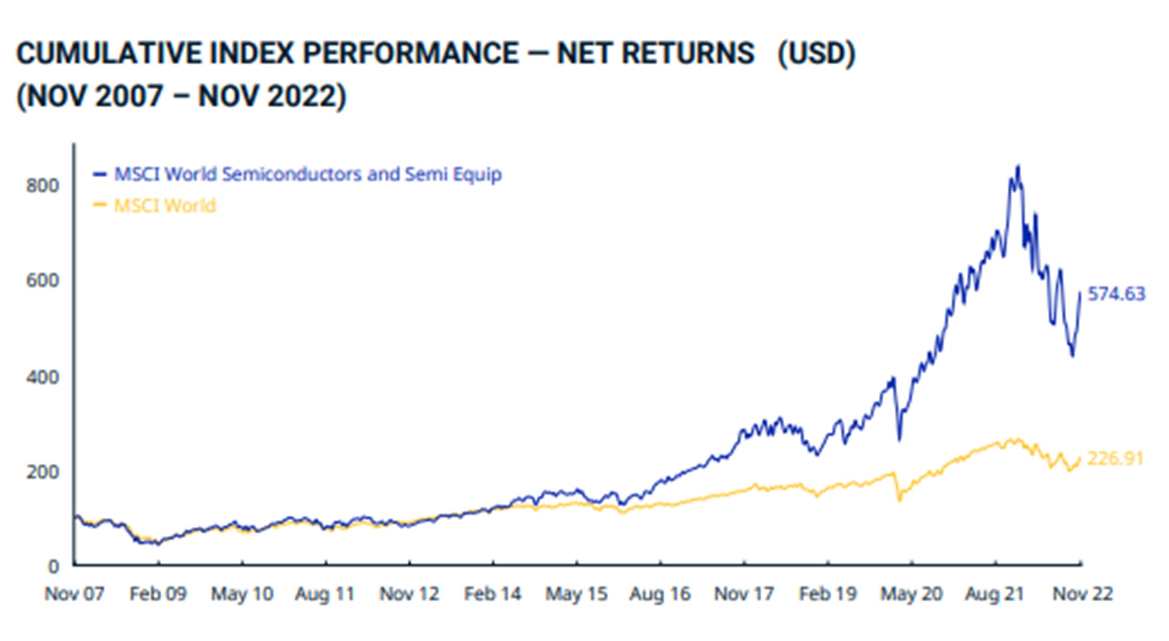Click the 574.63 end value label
pos(1116,294)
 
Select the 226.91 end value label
pos(1115,459)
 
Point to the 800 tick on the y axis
pos(43,185)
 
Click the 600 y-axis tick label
pos(43,280)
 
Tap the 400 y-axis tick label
pos(43,377)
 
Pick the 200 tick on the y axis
pos(43,472)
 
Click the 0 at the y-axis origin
pos(53,567)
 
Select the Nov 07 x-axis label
pos(74,594)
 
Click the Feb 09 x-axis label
pos(158,594)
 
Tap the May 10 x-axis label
pos(242,594)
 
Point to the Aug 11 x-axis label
pos(325,594)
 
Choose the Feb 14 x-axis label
pos(492,594)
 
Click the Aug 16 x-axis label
pos(660,594)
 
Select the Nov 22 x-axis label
pos(1083,594)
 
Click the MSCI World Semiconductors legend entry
pos(307,174)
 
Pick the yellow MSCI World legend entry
pos(165,206)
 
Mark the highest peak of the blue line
pos(1018,166)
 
